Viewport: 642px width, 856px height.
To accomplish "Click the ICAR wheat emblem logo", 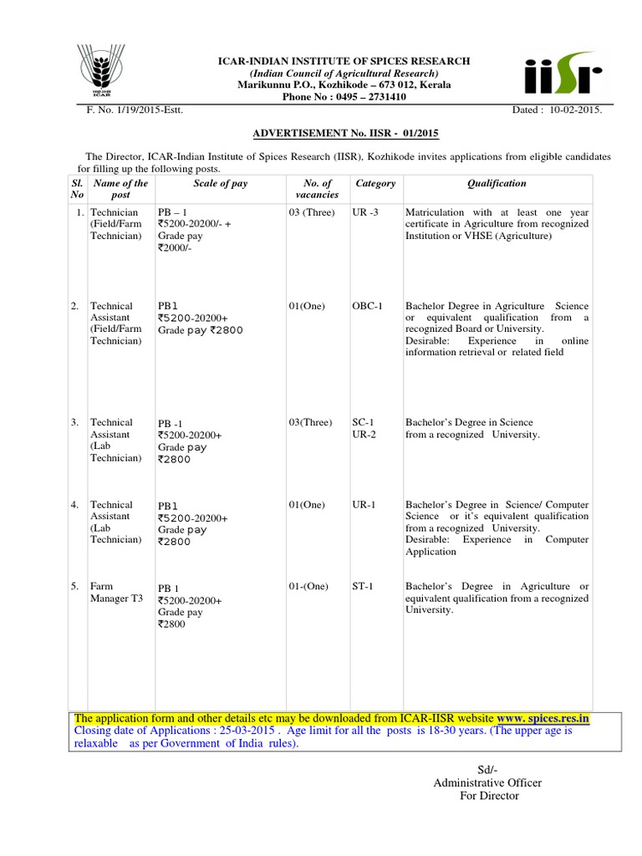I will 100,70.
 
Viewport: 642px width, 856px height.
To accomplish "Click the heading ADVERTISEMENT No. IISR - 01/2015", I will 346,133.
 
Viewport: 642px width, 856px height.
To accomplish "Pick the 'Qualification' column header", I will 497,183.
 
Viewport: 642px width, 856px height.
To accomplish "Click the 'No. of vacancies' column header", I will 317,188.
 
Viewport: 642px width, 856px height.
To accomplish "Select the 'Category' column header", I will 375,183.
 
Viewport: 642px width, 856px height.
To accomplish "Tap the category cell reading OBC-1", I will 369,306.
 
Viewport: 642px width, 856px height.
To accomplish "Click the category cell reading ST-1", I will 364,587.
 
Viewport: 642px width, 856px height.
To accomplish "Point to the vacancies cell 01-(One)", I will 308,587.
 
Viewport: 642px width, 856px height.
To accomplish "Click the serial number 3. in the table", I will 75,423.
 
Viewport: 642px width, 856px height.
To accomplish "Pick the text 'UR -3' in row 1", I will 365,212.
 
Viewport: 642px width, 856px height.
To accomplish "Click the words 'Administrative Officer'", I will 487,782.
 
